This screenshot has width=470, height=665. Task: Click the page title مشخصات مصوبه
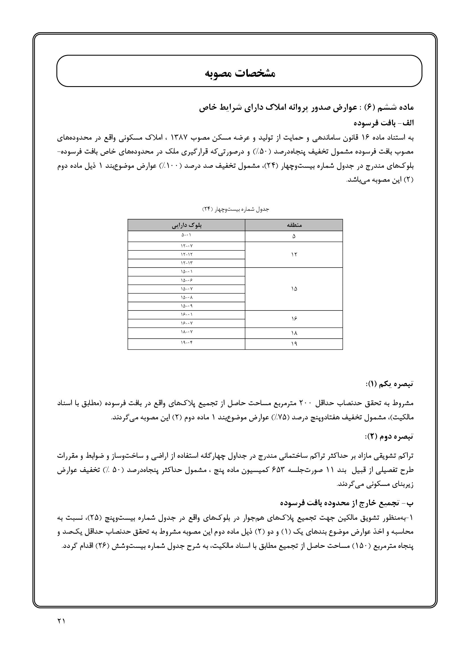pyautogui.click(x=240, y=73)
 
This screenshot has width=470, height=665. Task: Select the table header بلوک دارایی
pyautogui.click(x=186, y=225)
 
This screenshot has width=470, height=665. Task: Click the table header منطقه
pyautogui.click(x=294, y=225)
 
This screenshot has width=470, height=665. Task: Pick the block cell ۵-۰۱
pyautogui.click(x=186, y=235)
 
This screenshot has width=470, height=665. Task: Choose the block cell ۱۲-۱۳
pyautogui.click(x=186, y=263)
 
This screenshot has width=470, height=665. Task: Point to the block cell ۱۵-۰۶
pyautogui.click(x=186, y=280)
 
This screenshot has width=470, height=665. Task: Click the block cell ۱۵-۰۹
pyautogui.click(x=186, y=306)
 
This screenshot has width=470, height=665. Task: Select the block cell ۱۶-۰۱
pyautogui.click(x=186, y=314)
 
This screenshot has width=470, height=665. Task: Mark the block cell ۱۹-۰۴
pyautogui.click(x=186, y=343)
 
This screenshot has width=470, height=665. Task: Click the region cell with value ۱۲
pyautogui.click(x=294, y=254)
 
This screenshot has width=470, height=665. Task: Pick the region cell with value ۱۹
pyautogui.click(x=294, y=344)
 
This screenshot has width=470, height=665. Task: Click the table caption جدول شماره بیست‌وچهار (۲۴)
pyautogui.click(x=235, y=209)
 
